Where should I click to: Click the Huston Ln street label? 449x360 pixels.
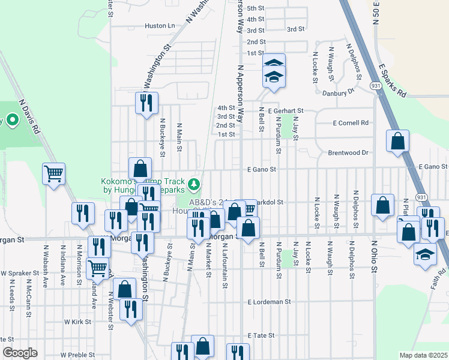[160, 26]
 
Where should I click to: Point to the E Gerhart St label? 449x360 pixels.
[286, 111]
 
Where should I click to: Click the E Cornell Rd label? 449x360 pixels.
[348, 123]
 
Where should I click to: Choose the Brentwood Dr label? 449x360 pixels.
[348, 153]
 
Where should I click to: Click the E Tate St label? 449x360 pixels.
[261, 335]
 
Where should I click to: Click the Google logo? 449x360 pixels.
[20, 353]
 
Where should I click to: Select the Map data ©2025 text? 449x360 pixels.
[423, 355]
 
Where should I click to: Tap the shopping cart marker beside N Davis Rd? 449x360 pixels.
[53, 173]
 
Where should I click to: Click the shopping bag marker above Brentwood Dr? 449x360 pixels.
[397, 142]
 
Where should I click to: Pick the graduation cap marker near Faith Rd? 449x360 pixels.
[425, 254]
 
